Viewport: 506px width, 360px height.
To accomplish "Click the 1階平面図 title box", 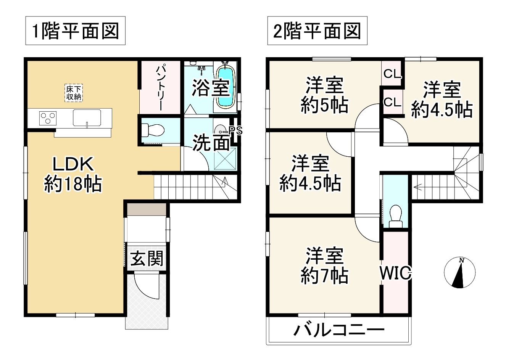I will coord(75,31).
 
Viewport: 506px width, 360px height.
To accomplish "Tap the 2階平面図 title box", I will coord(317,31).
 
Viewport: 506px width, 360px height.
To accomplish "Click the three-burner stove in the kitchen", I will coord(48,117).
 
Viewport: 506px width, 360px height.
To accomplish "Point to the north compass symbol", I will coord(460,273).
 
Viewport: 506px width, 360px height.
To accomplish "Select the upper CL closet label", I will coord(392,74).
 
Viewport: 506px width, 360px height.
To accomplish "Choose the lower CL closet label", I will coord(392,102).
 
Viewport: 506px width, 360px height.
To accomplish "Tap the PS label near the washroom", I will coord(235,131).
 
